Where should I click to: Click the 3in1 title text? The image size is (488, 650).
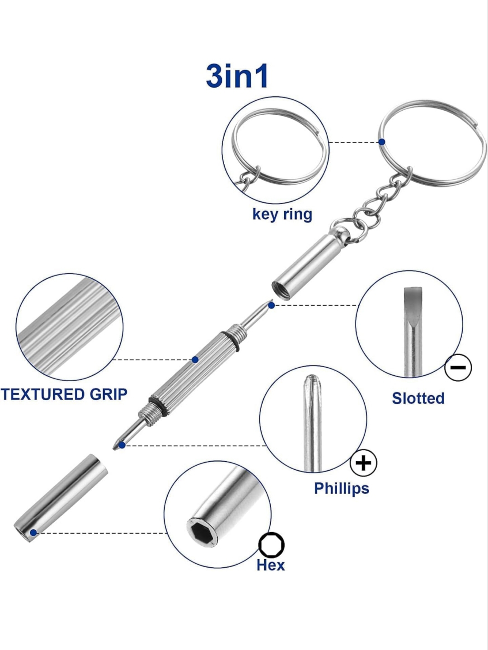(237, 76)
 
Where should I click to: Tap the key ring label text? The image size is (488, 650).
(282, 214)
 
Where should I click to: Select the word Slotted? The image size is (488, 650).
(418, 398)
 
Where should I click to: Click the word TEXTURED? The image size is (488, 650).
(38, 394)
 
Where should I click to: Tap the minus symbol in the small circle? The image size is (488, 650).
(458, 368)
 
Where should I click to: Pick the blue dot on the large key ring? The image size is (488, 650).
(382, 142)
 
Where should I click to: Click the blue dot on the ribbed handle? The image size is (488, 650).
(195, 360)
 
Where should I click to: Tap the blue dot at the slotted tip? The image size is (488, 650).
(271, 305)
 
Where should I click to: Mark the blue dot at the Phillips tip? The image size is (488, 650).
(122, 445)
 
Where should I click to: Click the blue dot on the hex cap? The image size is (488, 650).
(33, 533)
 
